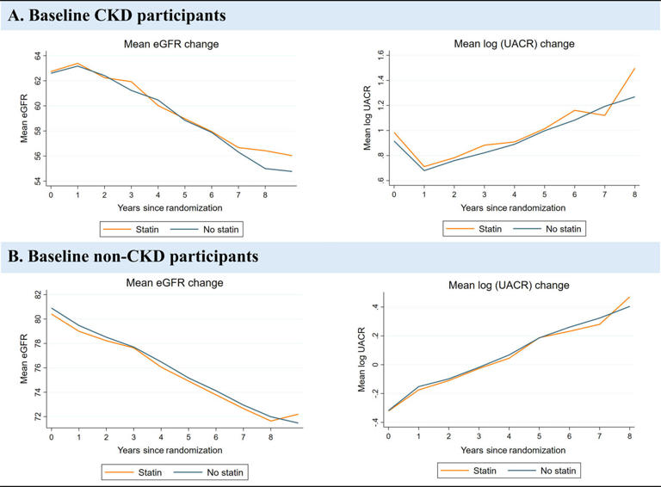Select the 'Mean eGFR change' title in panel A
163,43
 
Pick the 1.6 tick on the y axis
376,54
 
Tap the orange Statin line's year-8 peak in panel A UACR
635,68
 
